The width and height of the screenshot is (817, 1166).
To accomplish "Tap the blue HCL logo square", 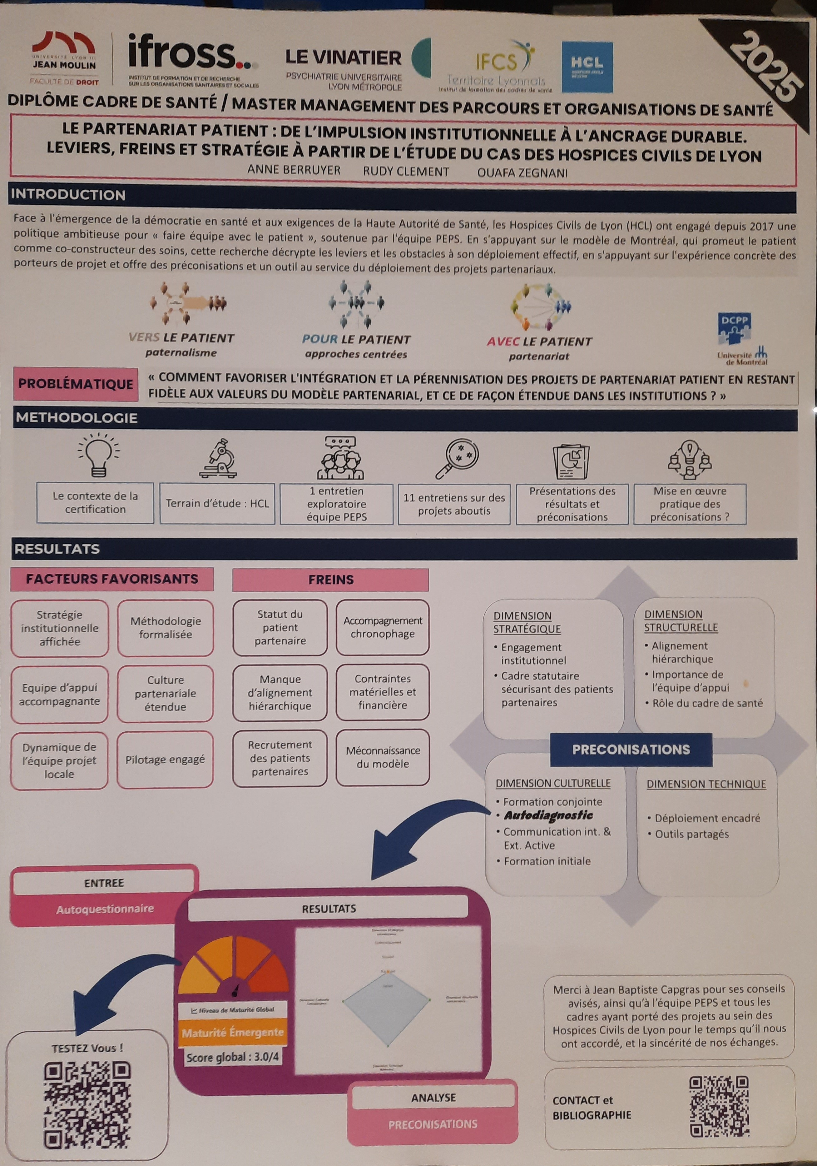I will coord(587,67).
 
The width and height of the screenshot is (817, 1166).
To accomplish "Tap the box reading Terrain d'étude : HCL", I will coord(217,503).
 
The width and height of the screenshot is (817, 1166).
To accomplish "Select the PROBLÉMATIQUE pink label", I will coord(76,384).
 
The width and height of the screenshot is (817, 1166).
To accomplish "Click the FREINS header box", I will coord(330,580).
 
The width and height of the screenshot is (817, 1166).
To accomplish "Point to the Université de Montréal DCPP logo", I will coord(742,339).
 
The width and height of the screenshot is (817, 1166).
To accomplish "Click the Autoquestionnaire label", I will coord(105,909).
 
